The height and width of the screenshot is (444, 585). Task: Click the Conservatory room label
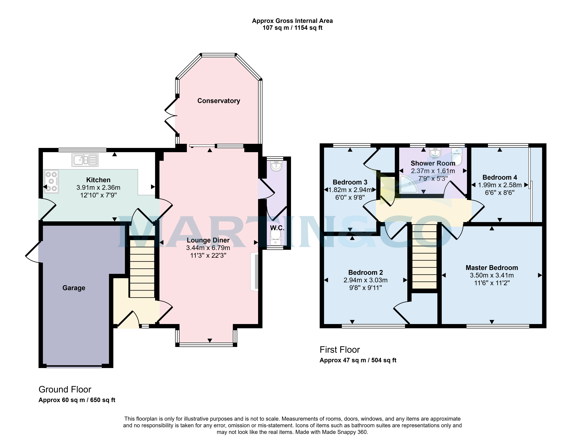pyautogui.click(x=219, y=101)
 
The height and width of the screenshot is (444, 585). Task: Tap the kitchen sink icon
pyautogui.click(x=85, y=160)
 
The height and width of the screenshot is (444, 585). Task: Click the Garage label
pyautogui.click(x=74, y=288)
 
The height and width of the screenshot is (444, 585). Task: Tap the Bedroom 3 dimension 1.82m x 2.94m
pyautogui.click(x=350, y=190)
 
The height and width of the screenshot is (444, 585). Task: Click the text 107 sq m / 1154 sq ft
pyautogui.click(x=292, y=28)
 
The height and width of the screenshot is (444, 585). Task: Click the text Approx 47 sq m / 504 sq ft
pyautogui.click(x=358, y=360)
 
